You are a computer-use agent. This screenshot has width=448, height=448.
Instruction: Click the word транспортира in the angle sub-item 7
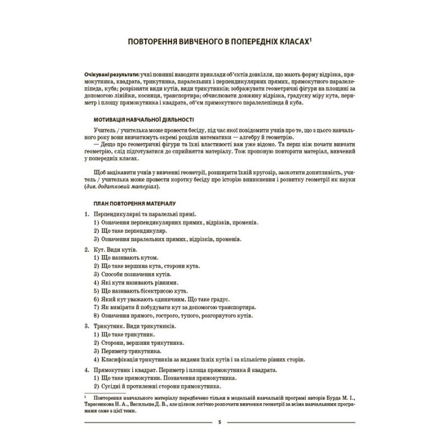point(236,307)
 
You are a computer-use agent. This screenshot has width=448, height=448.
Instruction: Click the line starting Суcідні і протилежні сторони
point(162,387)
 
